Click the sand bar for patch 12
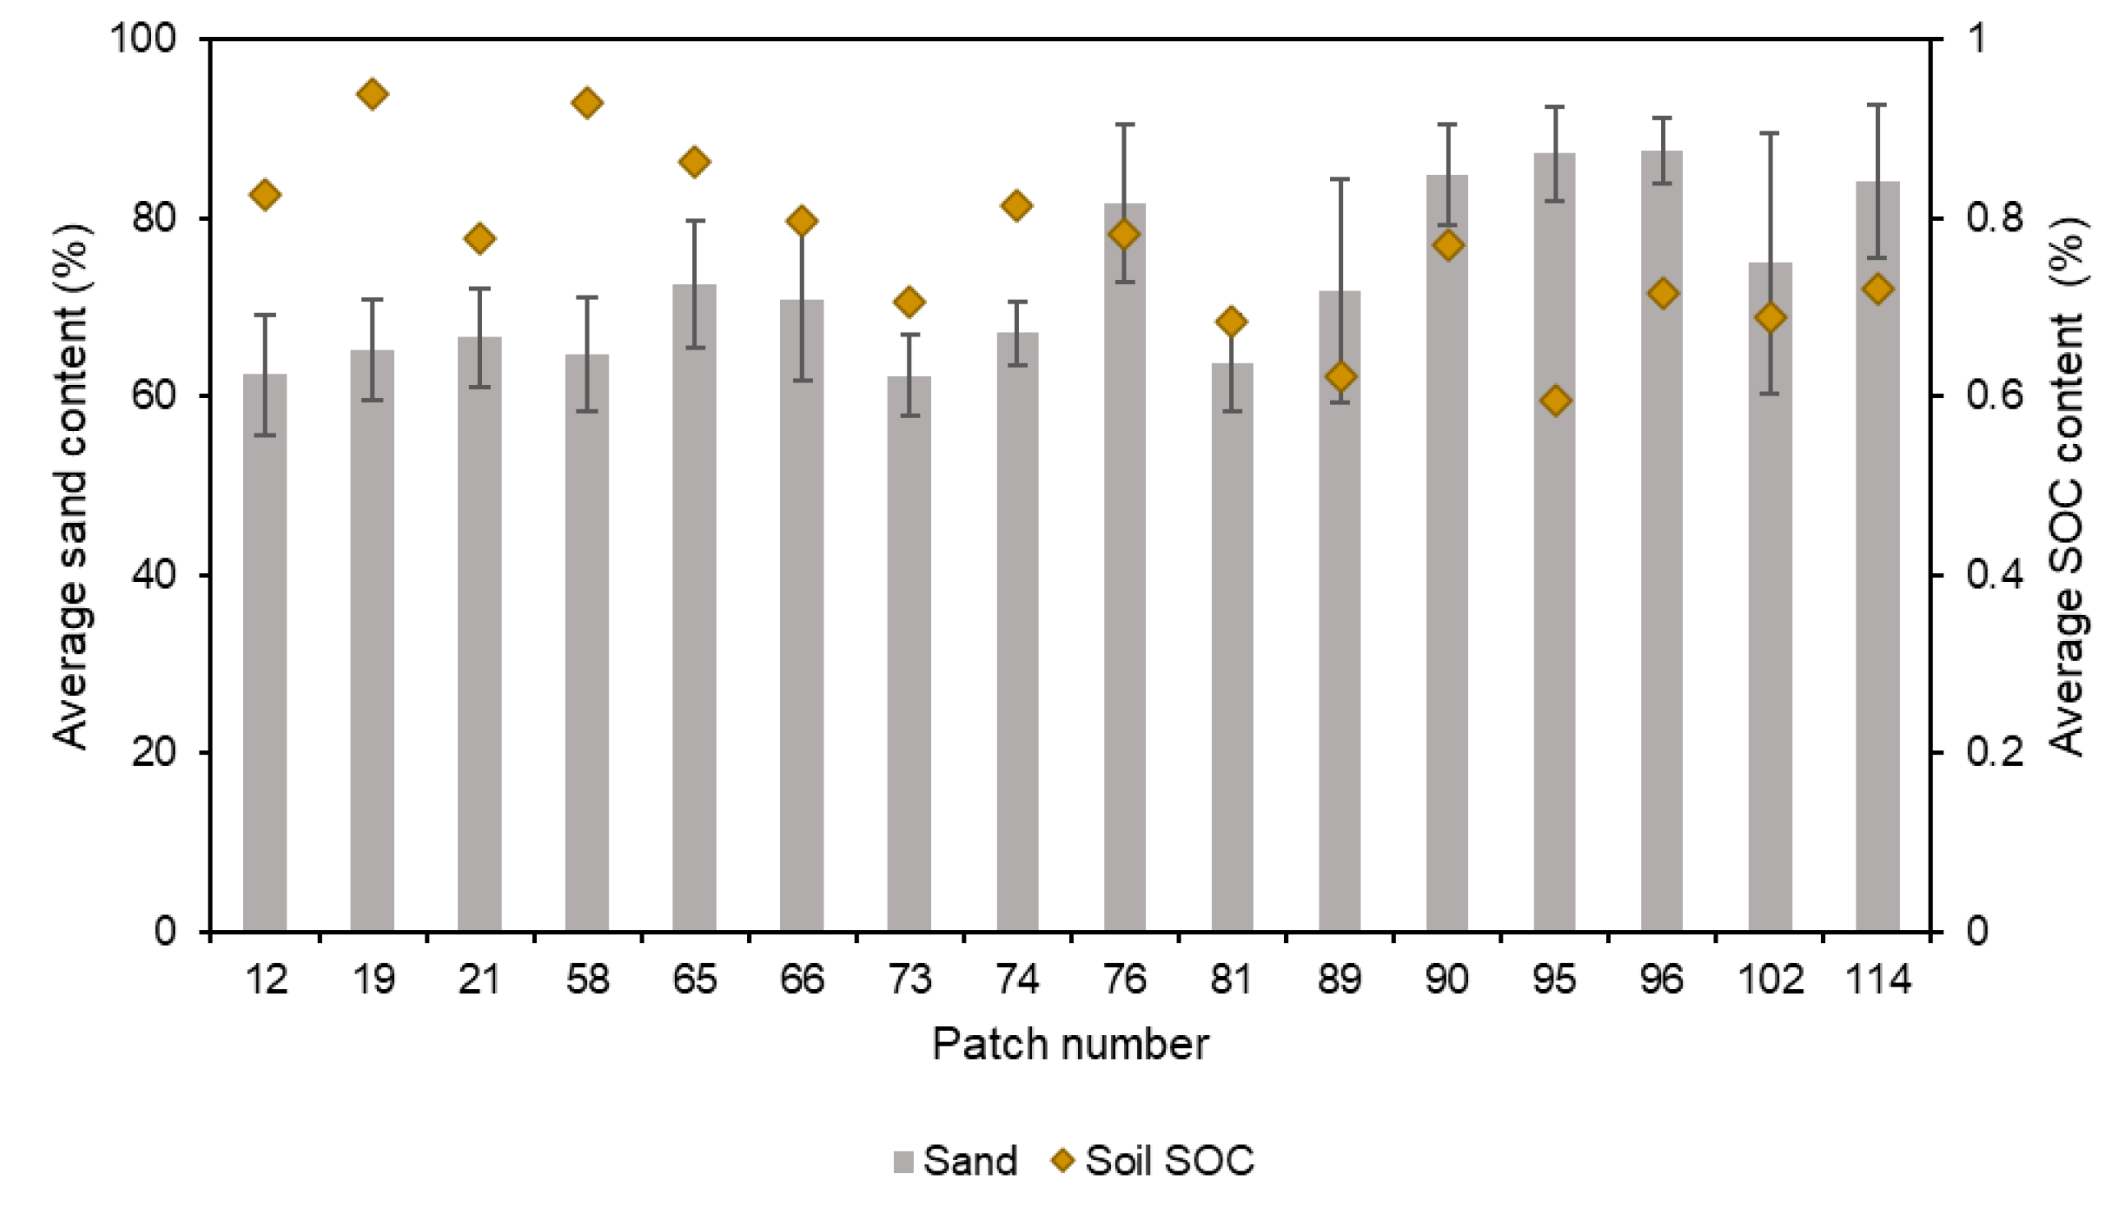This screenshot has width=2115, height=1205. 264,654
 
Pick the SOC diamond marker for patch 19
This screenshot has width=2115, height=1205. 372,94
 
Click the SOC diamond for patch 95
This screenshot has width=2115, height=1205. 1554,401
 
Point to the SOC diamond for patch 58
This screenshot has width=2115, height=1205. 587,103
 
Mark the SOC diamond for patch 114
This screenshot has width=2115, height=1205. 1878,290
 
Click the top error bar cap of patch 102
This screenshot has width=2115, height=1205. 1770,133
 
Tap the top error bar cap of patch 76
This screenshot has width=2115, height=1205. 1124,125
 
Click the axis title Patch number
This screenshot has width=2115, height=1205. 1070,1044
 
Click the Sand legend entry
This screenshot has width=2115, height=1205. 956,1161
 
